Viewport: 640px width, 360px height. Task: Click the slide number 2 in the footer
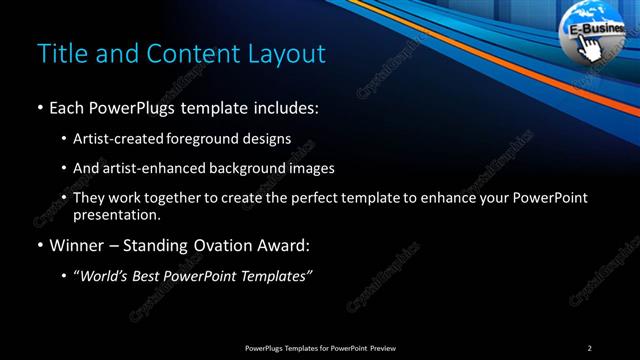pos(589,347)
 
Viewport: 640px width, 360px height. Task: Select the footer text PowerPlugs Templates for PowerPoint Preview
pos(319,347)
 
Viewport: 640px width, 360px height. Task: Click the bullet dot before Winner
pos(39,244)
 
